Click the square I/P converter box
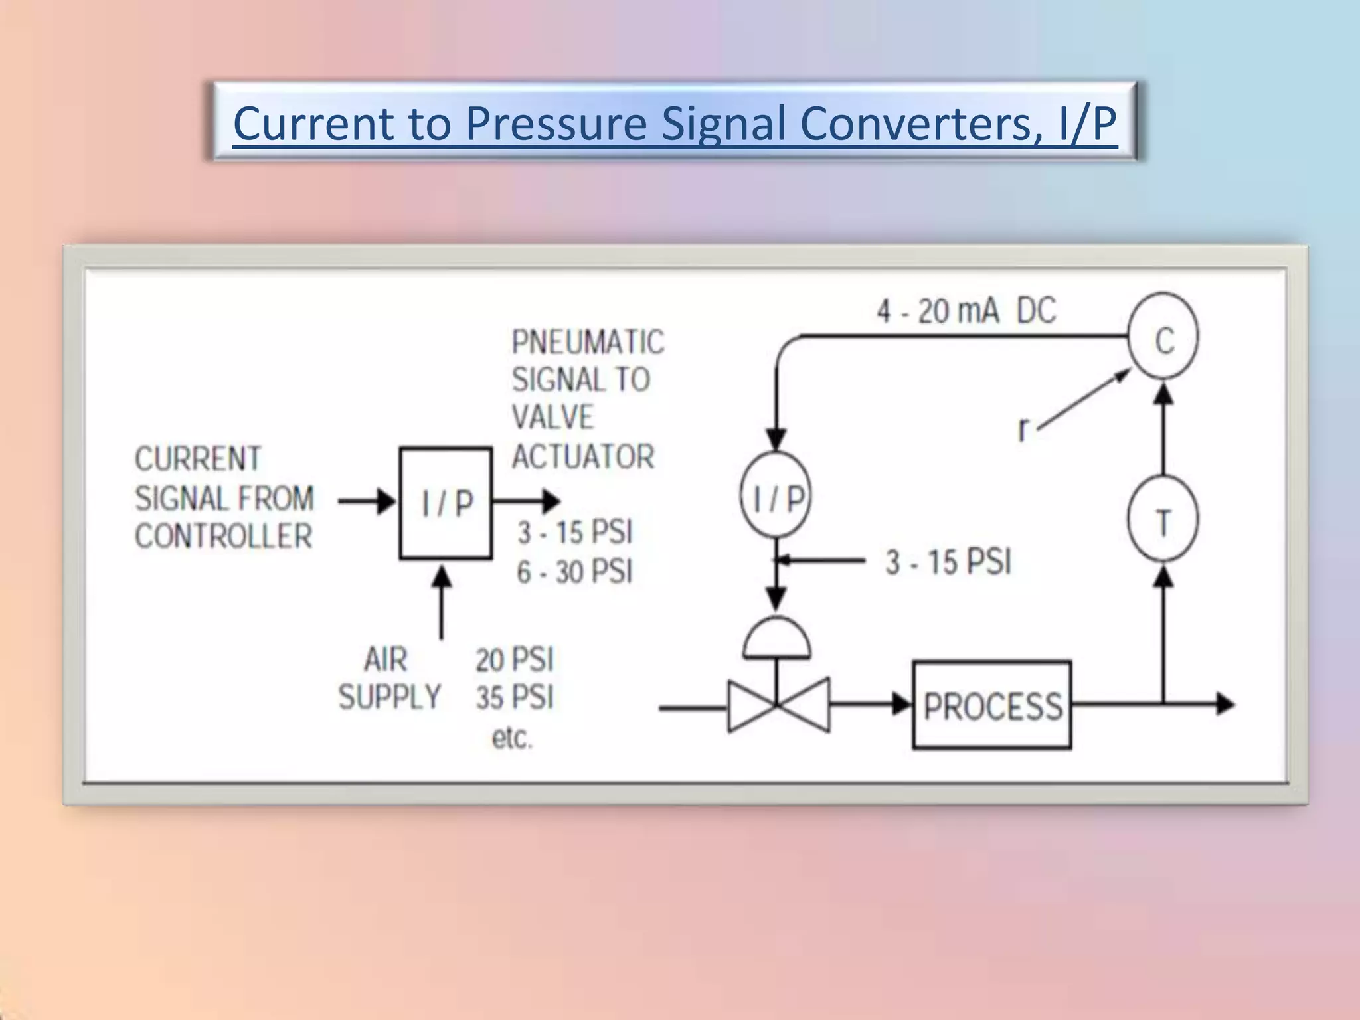446,503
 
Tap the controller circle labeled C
1163,336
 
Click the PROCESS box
991,705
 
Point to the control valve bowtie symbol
778,705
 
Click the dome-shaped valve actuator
776,637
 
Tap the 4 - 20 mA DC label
966,311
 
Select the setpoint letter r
1023,429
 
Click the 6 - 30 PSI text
574,571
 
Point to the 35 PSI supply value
515,697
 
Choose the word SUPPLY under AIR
390,697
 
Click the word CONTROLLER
224,536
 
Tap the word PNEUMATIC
588,342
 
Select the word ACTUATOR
583,456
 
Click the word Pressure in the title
556,124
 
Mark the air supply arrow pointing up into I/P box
442,601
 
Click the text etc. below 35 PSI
512,738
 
